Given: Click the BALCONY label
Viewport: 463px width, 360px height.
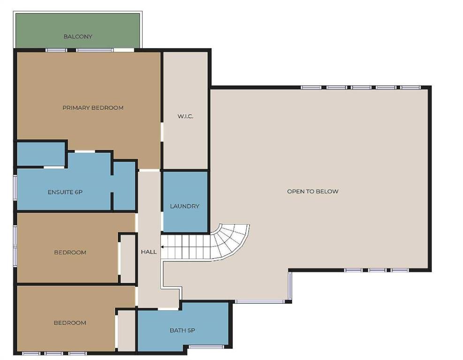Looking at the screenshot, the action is (78, 37).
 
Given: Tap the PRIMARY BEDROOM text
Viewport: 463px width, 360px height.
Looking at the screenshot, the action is (93, 108).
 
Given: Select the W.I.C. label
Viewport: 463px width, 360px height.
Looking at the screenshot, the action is (185, 116).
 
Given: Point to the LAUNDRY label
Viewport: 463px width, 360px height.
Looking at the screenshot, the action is (184, 206).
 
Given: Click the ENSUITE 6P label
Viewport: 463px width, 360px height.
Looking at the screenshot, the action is (65, 192).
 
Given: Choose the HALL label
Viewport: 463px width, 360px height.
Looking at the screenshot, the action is (149, 252).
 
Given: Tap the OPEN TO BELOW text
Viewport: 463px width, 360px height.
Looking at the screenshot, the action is (313, 191).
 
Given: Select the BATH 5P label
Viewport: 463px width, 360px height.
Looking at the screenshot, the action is (182, 330).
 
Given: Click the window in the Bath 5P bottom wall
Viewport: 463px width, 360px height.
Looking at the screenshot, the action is (206, 347).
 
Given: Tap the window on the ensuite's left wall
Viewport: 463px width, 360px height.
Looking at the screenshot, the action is (15, 187).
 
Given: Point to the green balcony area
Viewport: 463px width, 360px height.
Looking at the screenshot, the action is (78, 30).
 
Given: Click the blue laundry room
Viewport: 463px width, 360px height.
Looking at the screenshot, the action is (185, 202).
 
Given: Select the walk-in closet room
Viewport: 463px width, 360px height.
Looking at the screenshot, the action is (185, 111).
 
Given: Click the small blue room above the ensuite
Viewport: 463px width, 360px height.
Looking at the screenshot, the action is (41, 154).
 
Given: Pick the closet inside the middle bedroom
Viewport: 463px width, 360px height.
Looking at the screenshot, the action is (128, 259).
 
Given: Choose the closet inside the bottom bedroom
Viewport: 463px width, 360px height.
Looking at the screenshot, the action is (126, 330).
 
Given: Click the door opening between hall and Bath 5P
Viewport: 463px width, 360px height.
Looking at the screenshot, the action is (168, 309).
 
